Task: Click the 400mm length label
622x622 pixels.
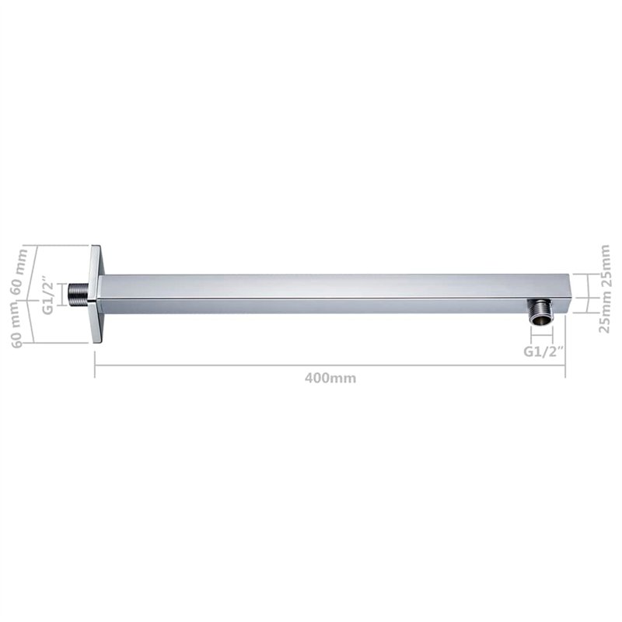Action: [330, 379]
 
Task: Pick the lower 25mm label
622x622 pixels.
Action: [606, 315]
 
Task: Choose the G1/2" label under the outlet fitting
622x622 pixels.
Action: [541, 351]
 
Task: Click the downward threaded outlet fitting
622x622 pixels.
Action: [540, 311]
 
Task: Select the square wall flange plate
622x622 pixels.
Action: [97, 294]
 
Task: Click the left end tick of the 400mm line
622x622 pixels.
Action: [95, 364]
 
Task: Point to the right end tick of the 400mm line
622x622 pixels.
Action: [565, 364]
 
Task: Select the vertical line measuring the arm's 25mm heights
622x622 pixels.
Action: [587, 294]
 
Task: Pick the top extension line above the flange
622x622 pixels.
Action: [58, 246]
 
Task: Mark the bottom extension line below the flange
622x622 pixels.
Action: [58, 342]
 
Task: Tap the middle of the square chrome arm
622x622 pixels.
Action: [334, 294]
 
